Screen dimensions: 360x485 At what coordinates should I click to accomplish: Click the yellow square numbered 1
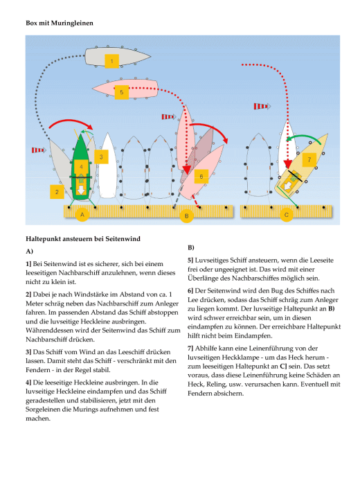pos(111,61)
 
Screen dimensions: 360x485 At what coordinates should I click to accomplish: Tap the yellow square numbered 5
pos(121,92)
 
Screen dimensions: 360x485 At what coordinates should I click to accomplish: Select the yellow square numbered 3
pos(101,157)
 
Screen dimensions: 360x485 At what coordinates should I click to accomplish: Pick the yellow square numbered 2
pos(57,192)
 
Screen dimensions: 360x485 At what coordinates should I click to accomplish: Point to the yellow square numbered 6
pos(201,176)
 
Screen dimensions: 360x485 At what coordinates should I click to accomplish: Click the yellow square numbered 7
pos(309,159)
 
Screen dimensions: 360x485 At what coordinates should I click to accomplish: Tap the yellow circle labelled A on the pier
pos(82,214)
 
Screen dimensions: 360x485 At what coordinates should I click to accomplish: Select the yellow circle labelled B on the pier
pos(187,215)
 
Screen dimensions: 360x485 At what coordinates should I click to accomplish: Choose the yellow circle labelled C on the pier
pos(287,215)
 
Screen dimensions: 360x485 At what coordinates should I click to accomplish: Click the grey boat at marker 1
pos(118,57)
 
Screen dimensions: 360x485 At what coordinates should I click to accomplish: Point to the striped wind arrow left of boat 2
pos(39,150)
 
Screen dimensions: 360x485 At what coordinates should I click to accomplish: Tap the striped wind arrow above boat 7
pos(262,107)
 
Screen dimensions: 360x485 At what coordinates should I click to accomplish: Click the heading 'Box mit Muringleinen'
pos(60,23)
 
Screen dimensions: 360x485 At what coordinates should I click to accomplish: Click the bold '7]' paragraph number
pos(190,349)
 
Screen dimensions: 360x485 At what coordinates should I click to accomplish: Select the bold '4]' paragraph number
pos(29,382)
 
